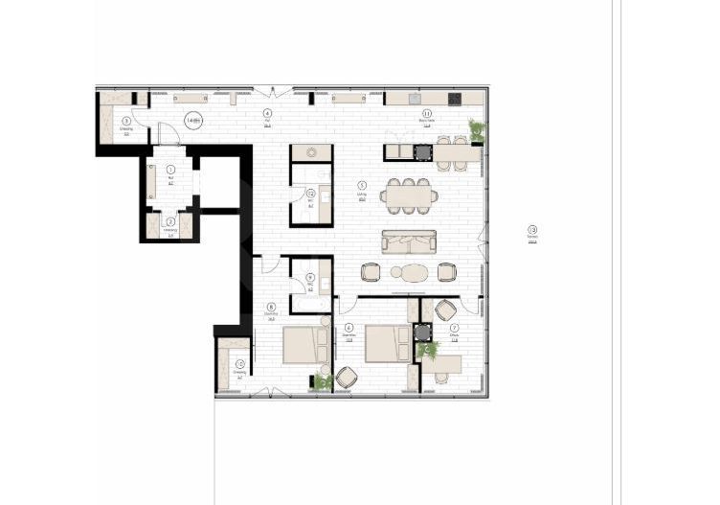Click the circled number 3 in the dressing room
pos(125,120)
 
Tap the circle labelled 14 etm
pos(193,121)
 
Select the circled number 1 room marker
pos(170,169)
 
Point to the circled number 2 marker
pos(170,221)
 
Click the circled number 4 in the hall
pos(267,113)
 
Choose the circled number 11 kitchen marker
pos(427,113)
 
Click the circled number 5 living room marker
pos(362,185)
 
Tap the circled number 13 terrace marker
pos(532,229)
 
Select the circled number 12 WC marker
pos(310,194)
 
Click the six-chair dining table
pos(409,195)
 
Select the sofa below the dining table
pos(409,241)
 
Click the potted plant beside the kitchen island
pos(476,130)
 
